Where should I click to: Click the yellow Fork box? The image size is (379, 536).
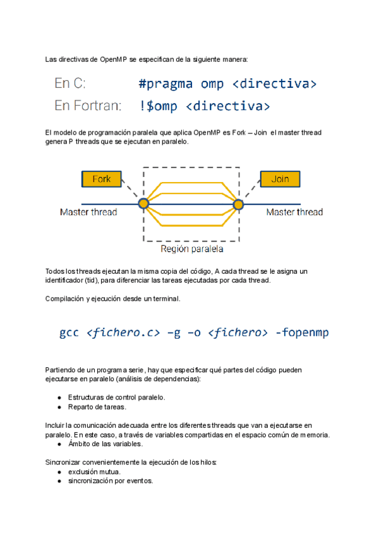[x=102, y=179]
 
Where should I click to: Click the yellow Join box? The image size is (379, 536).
[x=280, y=179]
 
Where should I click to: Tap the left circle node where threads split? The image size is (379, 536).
[x=143, y=204]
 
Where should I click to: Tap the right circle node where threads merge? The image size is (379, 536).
[x=239, y=204]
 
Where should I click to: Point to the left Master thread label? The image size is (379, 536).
[x=88, y=212]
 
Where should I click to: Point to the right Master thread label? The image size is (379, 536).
[x=294, y=212]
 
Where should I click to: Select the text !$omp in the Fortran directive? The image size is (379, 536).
[x=158, y=106]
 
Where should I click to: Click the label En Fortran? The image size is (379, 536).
[x=88, y=106]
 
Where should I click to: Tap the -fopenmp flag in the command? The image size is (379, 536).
[x=302, y=332]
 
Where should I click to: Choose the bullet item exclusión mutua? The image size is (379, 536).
[x=94, y=472]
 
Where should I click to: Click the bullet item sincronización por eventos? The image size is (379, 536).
[x=111, y=480]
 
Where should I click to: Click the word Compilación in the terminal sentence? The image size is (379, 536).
[x=64, y=298]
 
